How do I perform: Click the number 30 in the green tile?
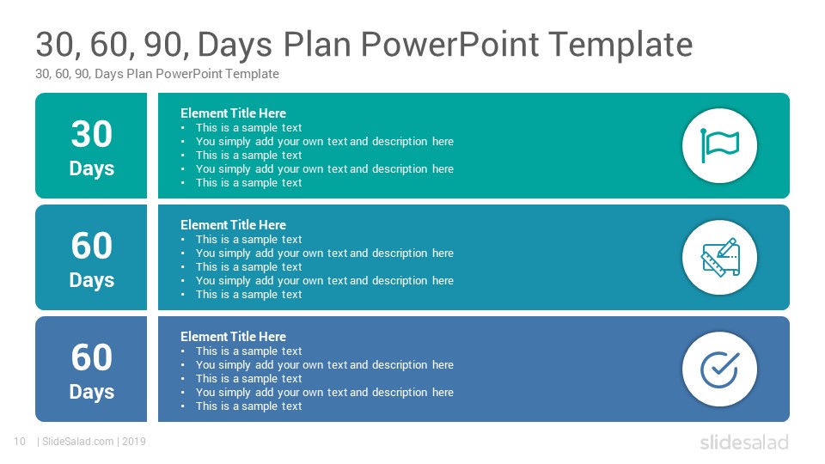point(92,134)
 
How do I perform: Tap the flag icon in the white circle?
point(719,145)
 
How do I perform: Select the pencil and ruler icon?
point(720,257)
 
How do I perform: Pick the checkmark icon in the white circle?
point(720,369)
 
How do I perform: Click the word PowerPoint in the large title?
point(449,44)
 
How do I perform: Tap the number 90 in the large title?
point(166,44)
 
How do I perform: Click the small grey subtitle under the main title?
point(156,74)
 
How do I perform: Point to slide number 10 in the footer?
point(20,442)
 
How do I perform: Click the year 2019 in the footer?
point(134,442)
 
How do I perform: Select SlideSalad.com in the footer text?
point(78,442)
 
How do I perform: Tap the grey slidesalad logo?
point(744,442)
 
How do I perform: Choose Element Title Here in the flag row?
point(233,113)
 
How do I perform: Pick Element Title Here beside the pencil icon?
point(233,224)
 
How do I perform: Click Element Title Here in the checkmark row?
point(233,337)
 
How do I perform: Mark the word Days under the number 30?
point(92,169)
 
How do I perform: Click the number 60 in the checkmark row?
point(92,357)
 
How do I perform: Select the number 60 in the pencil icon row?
point(92,246)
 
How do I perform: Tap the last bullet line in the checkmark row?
point(249,406)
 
